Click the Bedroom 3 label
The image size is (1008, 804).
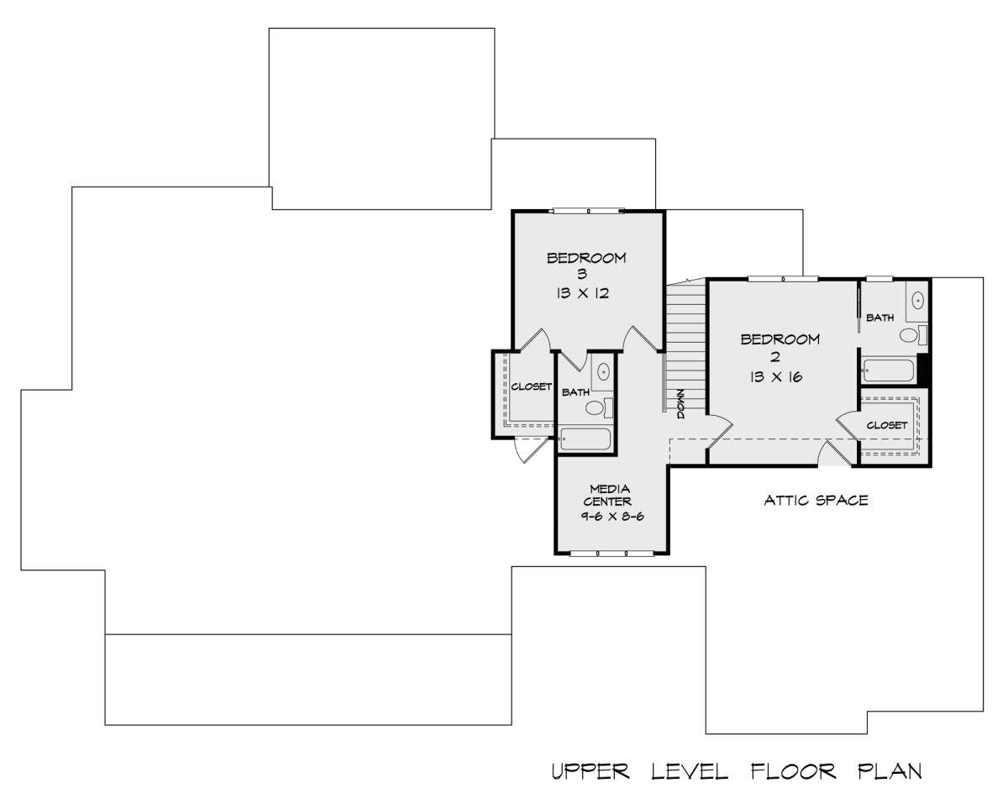[585, 265]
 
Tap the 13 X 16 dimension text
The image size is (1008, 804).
[776, 376]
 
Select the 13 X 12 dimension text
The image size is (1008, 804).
[583, 293]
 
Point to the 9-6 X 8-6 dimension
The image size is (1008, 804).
[612, 517]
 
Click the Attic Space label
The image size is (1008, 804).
[816, 501]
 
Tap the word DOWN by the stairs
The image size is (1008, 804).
[680, 403]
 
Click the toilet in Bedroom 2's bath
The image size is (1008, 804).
[913, 334]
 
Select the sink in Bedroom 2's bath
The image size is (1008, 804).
[918, 300]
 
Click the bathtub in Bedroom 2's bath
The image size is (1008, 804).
[889, 370]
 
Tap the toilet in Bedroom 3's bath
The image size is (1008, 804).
[599, 407]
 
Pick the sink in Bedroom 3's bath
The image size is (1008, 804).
[604, 372]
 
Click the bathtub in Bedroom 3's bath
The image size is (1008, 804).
[585, 439]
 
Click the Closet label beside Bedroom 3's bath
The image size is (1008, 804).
[531, 386]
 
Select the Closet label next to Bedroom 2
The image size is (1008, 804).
[887, 425]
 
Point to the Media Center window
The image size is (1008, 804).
[612, 554]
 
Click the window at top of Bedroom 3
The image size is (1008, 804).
[586, 211]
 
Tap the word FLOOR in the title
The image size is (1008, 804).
[794, 771]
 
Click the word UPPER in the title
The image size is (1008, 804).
[591, 771]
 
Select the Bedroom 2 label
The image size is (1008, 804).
[780, 347]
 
